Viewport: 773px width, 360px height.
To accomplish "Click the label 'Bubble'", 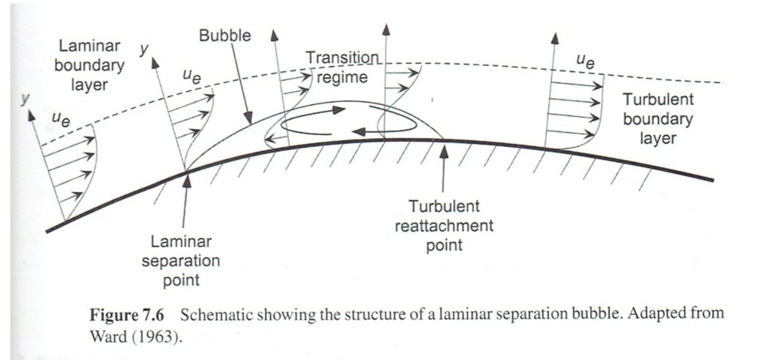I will click(x=225, y=35).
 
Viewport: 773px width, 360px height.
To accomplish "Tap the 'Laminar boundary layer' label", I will click(x=90, y=66).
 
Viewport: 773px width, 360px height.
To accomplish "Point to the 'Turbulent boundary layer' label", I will click(x=658, y=119).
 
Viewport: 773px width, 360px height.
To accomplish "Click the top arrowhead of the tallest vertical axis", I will click(x=386, y=29).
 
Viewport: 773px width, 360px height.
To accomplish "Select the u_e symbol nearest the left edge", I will click(x=58, y=117).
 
